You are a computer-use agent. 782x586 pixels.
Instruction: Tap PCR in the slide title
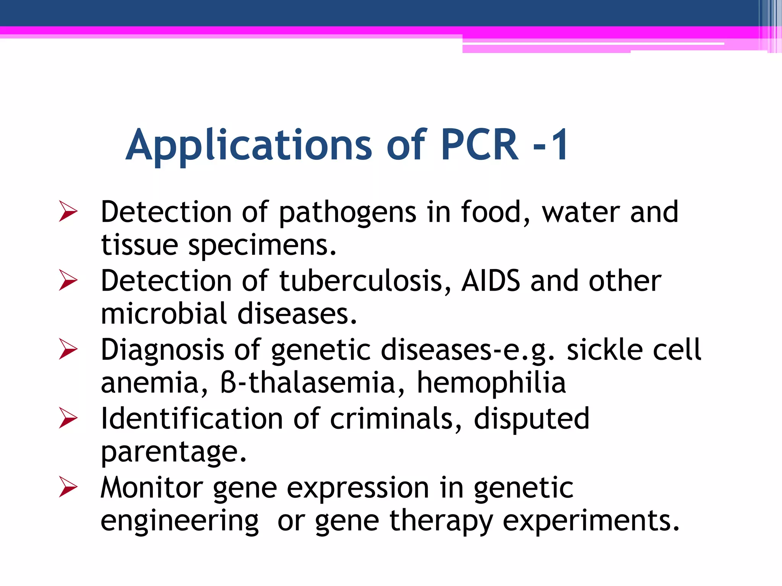tap(480, 145)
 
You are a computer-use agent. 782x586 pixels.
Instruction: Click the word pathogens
tap(347, 213)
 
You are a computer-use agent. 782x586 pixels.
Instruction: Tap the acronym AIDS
tap(491, 281)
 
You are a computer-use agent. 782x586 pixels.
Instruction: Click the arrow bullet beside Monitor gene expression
tap(68, 488)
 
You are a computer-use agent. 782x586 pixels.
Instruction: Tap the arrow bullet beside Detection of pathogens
tap(68, 212)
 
